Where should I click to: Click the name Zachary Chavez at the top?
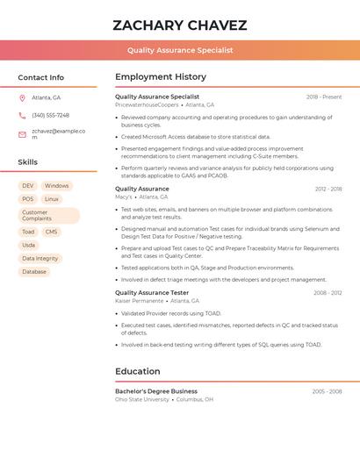(180, 25)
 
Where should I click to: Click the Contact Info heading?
(40, 77)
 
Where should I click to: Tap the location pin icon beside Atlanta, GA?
(22, 97)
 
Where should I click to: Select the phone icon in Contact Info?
(22, 115)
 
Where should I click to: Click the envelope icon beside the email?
(22, 134)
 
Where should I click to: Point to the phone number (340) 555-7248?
(50, 115)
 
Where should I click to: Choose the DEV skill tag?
(28, 186)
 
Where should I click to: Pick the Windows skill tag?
(56, 186)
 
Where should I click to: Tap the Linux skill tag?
(52, 199)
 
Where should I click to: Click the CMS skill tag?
(52, 232)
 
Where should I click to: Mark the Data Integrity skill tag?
(40, 258)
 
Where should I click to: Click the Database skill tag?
(34, 272)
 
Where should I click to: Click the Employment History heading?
(161, 77)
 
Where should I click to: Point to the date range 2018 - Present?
(324, 97)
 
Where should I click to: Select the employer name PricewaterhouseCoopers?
(147, 104)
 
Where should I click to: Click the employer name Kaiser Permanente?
(139, 300)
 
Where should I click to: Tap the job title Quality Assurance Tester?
(152, 292)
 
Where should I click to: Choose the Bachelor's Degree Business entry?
(156, 391)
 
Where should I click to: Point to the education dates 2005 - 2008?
(327, 391)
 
